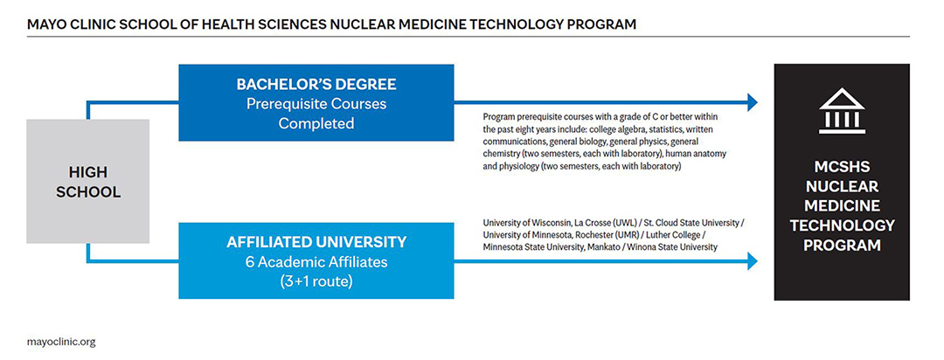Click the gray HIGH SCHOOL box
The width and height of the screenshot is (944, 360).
[87, 181]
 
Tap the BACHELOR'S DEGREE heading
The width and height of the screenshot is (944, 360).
[316, 85]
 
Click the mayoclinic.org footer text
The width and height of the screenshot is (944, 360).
[61, 342]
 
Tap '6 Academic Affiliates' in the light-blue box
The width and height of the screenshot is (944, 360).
[316, 260]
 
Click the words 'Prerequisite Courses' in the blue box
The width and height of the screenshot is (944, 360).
[316, 104]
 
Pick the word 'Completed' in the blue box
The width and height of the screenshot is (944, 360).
[316, 123]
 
